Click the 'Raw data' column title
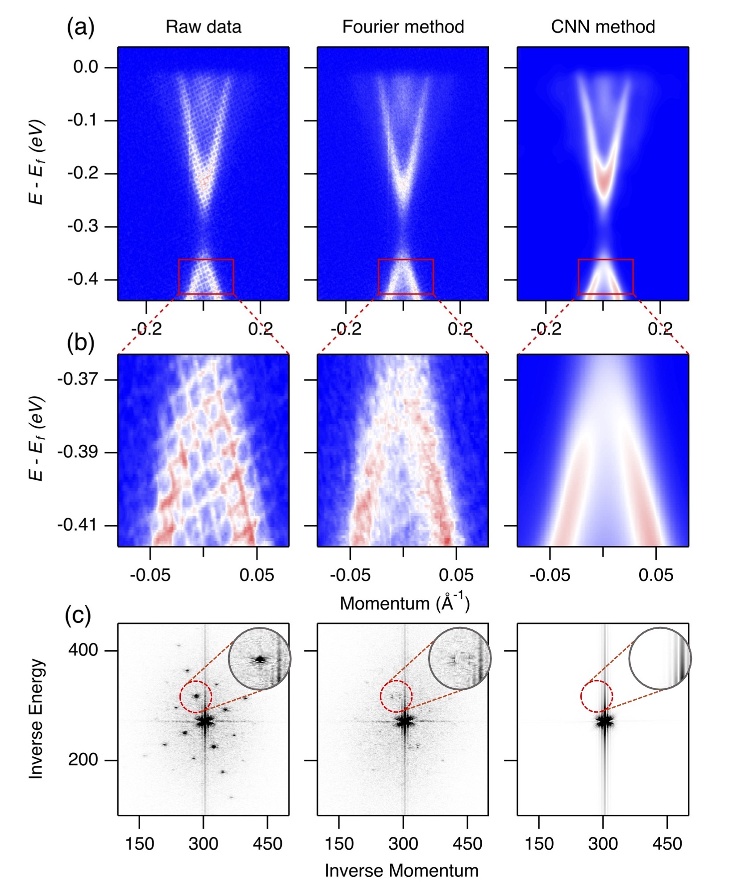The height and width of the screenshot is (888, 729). point(203,27)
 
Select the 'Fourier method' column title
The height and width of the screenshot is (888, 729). point(403,27)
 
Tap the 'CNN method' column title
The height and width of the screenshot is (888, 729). point(603,27)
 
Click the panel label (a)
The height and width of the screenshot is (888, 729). point(80,28)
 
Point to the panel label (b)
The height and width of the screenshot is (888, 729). point(80,344)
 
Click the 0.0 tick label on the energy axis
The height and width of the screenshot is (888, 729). point(86,67)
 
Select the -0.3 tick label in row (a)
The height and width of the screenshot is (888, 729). point(83,226)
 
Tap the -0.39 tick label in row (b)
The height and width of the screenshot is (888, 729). point(78,452)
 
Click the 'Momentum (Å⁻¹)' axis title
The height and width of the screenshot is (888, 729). point(404,603)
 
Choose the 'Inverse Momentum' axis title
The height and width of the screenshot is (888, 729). point(401,871)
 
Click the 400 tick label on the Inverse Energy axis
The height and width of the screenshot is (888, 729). point(83,650)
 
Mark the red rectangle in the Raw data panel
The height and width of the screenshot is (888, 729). point(206,259)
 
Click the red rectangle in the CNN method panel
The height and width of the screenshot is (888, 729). point(606,259)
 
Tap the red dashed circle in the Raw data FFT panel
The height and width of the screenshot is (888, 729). point(196,681)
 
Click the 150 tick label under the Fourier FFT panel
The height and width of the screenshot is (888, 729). point(339,844)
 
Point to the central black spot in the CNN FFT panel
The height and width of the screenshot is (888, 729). point(604,721)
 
